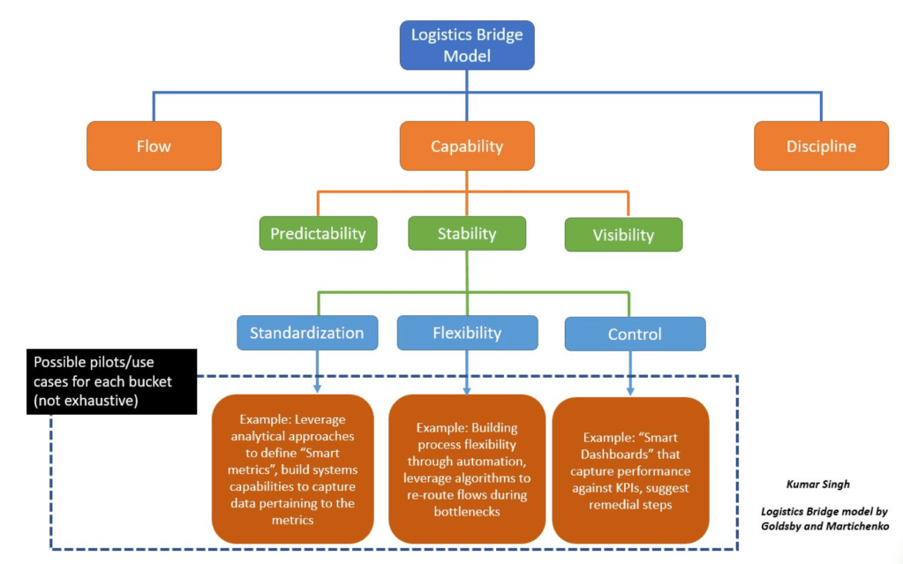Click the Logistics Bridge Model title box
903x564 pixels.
[x=467, y=46]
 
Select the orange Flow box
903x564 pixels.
[x=154, y=146]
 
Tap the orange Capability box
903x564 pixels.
[x=467, y=146]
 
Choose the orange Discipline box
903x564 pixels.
[x=821, y=146]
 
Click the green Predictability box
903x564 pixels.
[x=318, y=234]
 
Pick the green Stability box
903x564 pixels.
[x=467, y=234]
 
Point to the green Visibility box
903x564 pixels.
[x=623, y=235]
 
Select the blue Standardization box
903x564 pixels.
[x=306, y=333]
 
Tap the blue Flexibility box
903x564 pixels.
[x=467, y=333]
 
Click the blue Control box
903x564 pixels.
[x=635, y=335]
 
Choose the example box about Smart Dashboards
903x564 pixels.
[x=630, y=468]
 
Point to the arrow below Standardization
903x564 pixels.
[x=317, y=371]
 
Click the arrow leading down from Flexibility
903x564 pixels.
[x=466, y=371]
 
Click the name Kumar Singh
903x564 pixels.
[x=818, y=484]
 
